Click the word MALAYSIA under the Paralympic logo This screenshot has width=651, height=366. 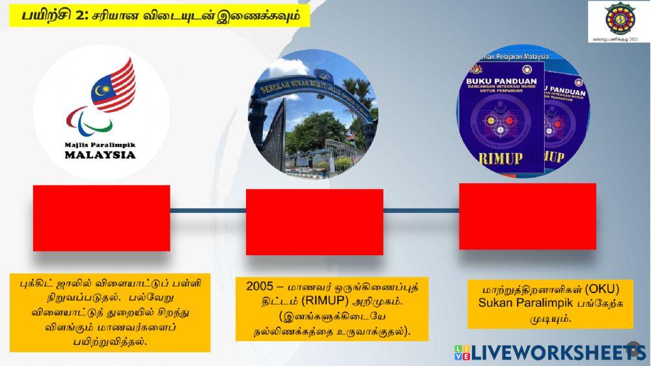click(x=100, y=155)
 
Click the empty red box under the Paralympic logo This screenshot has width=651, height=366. click(x=102, y=218)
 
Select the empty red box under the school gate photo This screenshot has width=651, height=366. click(x=314, y=221)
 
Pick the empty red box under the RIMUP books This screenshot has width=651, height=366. click(x=527, y=216)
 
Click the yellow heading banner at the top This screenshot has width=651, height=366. click(x=159, y=14)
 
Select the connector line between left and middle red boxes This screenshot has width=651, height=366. click(x=208, y=210)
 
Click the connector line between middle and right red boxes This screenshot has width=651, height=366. click(x=421, y=210)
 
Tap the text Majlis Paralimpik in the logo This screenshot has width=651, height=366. click(x=100, y=144)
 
